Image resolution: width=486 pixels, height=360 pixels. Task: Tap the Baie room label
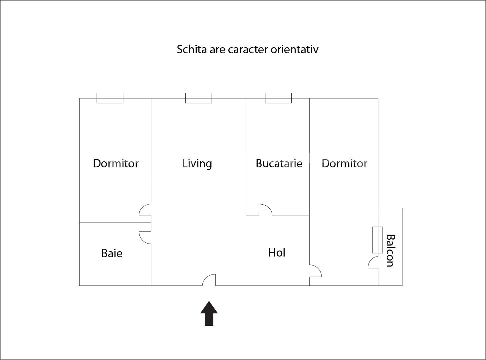112,253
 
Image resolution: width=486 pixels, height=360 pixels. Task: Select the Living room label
197,163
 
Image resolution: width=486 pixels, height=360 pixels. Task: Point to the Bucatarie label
279,163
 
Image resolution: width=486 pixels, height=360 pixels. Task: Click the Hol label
277,253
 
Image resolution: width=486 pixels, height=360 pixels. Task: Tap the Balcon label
390,251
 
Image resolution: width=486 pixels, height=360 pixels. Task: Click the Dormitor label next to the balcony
345,163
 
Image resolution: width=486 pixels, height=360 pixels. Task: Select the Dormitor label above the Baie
116,163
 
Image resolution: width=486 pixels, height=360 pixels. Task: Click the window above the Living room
198,98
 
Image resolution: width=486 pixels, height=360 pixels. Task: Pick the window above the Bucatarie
278,98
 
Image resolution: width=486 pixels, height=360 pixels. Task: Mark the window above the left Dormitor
110,98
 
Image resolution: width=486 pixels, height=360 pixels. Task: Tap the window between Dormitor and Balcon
377,240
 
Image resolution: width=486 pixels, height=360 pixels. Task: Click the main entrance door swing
209,280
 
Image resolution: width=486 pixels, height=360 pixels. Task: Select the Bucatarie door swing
265,210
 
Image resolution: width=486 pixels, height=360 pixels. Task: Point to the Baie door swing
145,237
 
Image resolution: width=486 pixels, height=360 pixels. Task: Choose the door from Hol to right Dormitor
315,271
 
